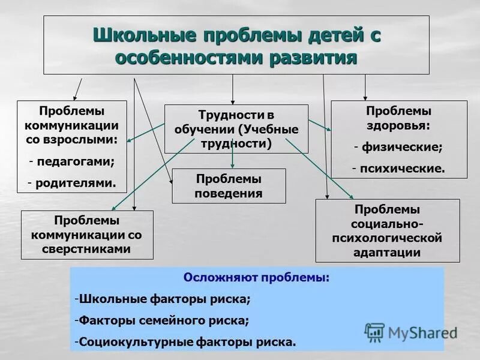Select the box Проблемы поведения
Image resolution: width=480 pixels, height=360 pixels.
229,186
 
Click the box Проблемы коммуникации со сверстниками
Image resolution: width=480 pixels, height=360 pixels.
86,235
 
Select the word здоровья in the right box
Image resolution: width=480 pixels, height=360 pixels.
398,126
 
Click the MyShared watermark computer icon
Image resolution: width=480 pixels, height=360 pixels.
374,332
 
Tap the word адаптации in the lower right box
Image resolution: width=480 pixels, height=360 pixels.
387,253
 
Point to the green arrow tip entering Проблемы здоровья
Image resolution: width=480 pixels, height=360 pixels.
328,128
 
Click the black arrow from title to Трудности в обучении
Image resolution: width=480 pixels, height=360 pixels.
233,89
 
